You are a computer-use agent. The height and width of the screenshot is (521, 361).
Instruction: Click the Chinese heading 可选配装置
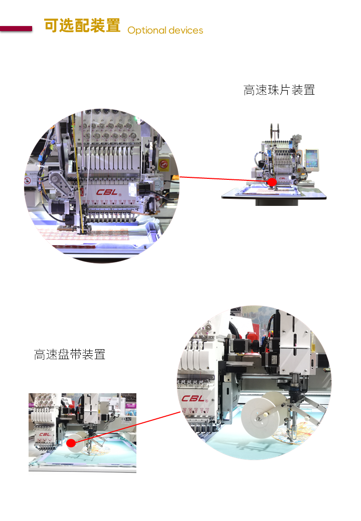[x=82, y=26]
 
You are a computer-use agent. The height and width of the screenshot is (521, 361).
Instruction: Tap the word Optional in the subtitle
[x=146, y=31]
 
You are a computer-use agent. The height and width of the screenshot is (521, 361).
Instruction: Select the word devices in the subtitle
[x=186, y=30]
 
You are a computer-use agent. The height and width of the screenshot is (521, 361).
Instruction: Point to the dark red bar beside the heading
[x=16, y=29]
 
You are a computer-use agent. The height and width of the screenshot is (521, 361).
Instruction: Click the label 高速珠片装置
[x=279, y=90]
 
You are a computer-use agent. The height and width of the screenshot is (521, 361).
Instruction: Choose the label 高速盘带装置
[x=70, y=355]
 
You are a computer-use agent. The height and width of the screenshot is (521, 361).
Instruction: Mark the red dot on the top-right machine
[x=272, y=182]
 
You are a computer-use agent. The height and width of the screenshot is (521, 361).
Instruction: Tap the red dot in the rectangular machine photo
[x=71, y=443]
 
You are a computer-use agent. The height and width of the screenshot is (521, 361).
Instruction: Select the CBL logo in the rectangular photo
[x=45, y=434]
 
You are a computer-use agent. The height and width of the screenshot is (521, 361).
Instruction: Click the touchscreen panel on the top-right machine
[x=312, y=160]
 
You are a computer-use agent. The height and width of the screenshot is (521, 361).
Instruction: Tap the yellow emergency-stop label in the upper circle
[x=163, y=164]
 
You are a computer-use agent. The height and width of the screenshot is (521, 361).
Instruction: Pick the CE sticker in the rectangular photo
[x=127, y=419]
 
